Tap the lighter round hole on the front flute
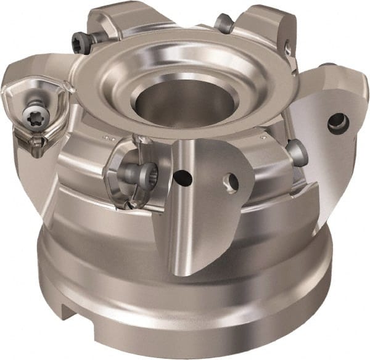[231, 181]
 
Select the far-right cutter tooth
[333, 136]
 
